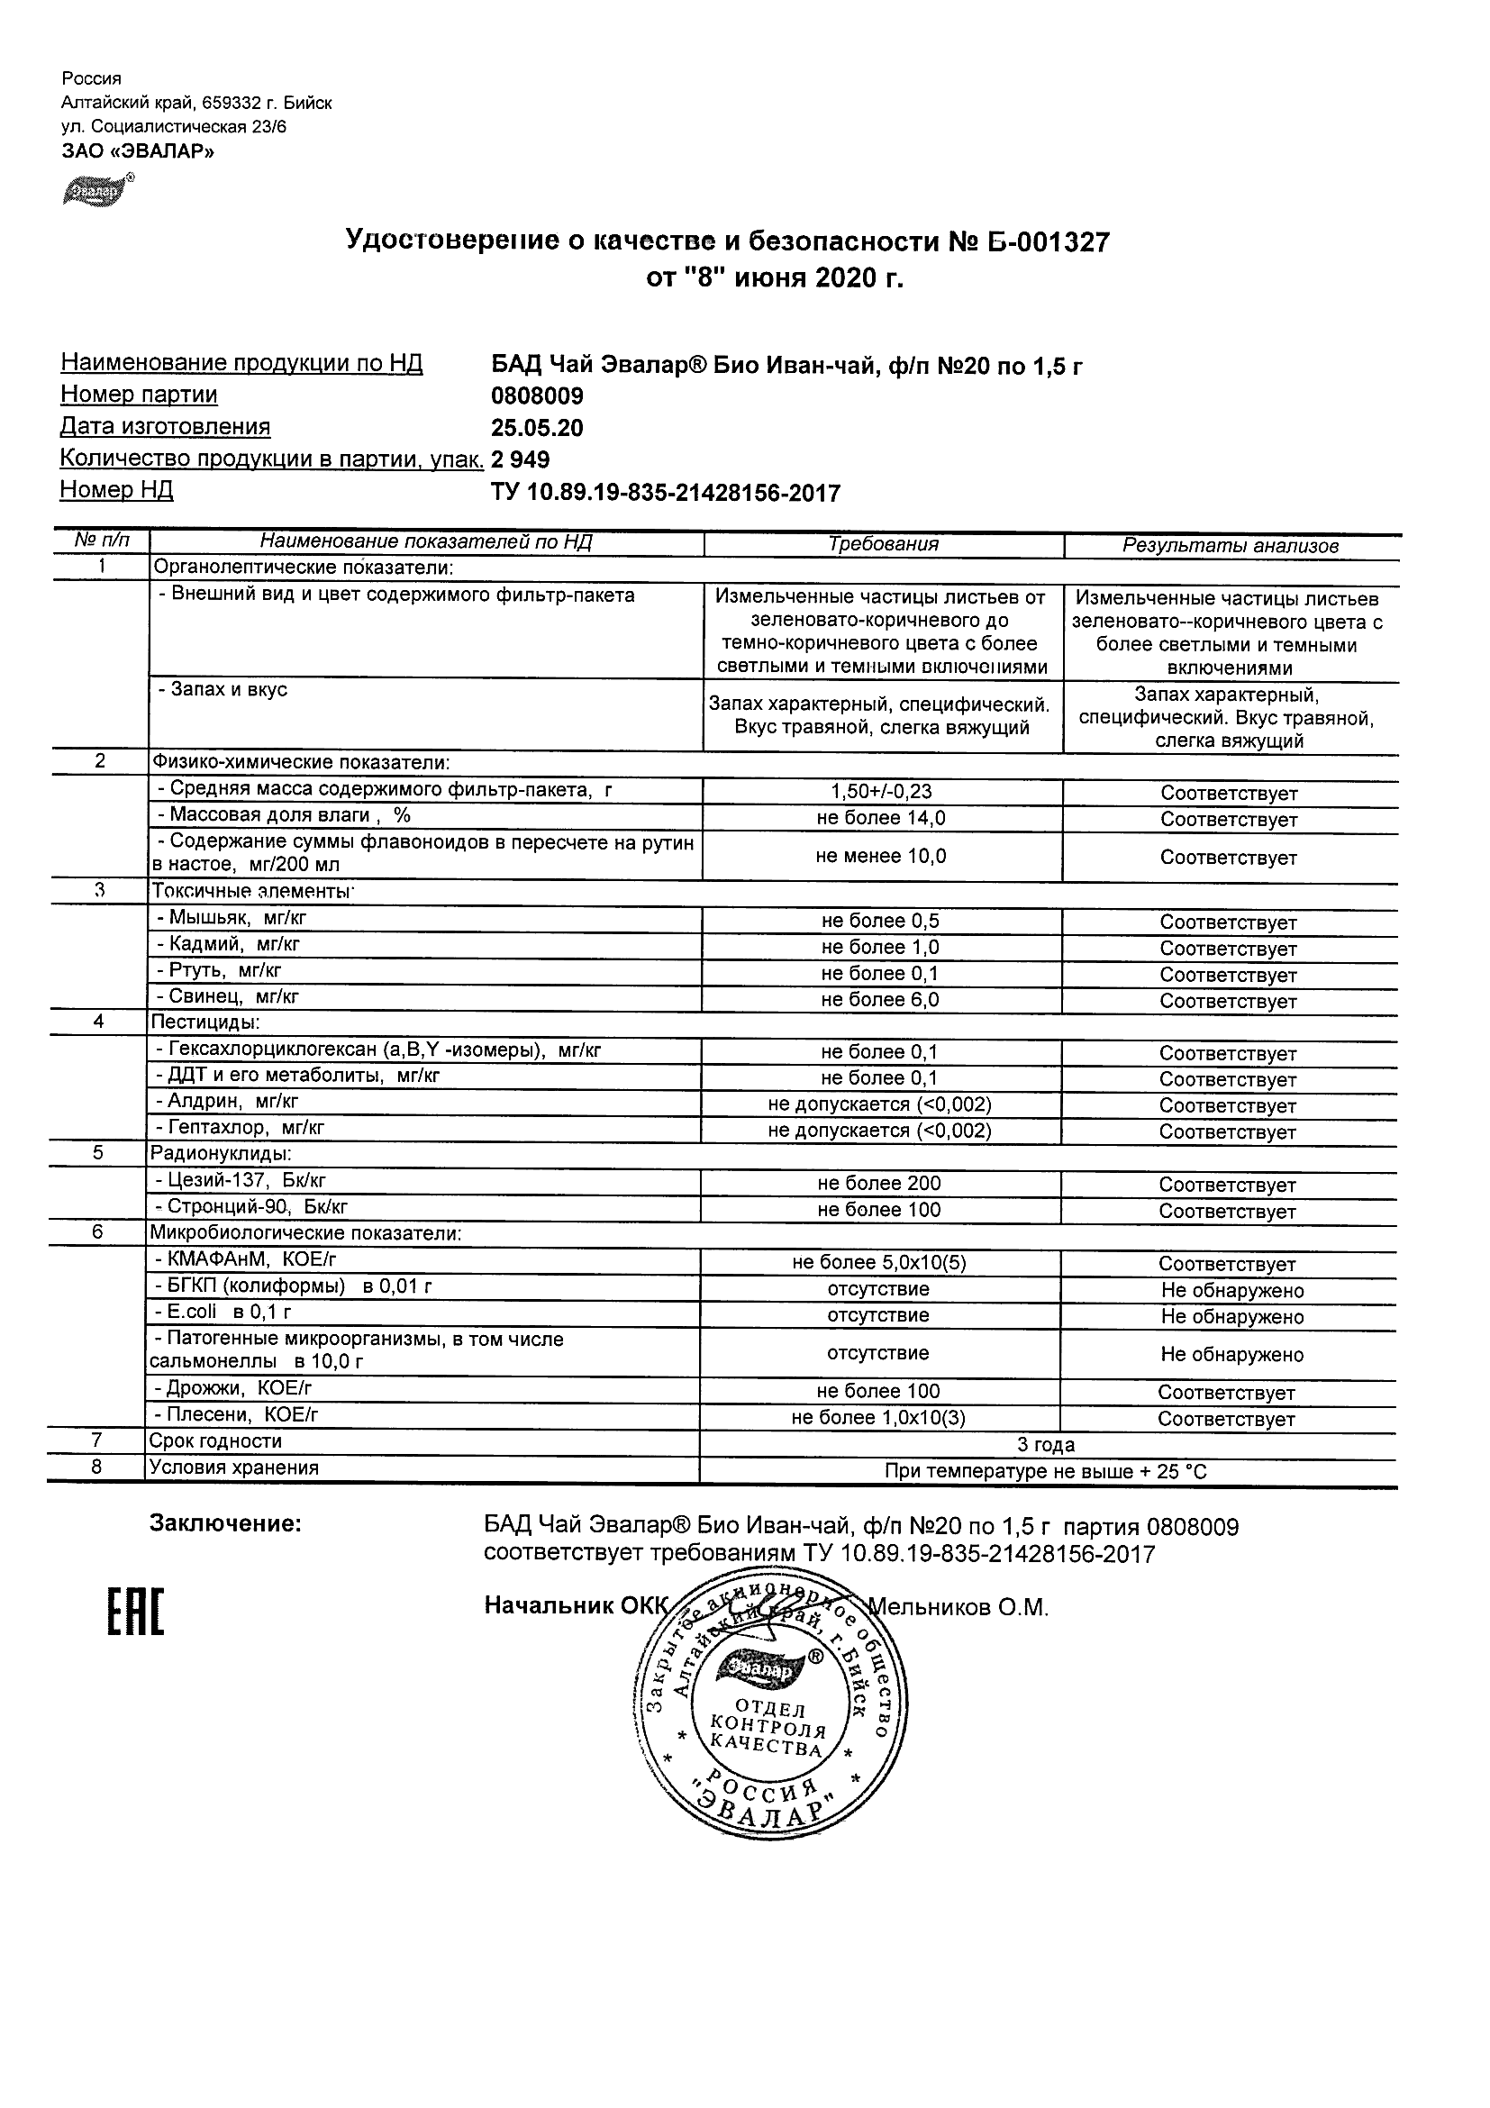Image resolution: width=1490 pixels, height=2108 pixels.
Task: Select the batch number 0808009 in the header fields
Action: (537, 396)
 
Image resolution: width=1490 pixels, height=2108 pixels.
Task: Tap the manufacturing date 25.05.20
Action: (537, 429)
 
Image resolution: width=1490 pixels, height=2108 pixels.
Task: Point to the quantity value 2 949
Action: (521, 460)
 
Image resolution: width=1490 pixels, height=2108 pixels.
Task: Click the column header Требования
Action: (883, 544)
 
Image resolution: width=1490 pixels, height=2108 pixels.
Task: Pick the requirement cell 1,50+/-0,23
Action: (880, 792)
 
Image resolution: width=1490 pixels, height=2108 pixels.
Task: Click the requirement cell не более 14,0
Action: (880, 818)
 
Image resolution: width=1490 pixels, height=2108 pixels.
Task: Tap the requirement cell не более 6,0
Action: (879, 1000)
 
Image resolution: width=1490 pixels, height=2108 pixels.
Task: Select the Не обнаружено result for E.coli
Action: (1231, 1316)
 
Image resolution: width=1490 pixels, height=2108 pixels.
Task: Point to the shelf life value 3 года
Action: (1046, 1445)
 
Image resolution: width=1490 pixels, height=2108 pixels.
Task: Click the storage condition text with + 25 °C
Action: (1046, 1472)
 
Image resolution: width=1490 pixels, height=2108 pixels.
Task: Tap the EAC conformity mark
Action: (135, 1613)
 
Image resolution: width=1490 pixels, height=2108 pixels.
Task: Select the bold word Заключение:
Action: (226, 1524)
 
